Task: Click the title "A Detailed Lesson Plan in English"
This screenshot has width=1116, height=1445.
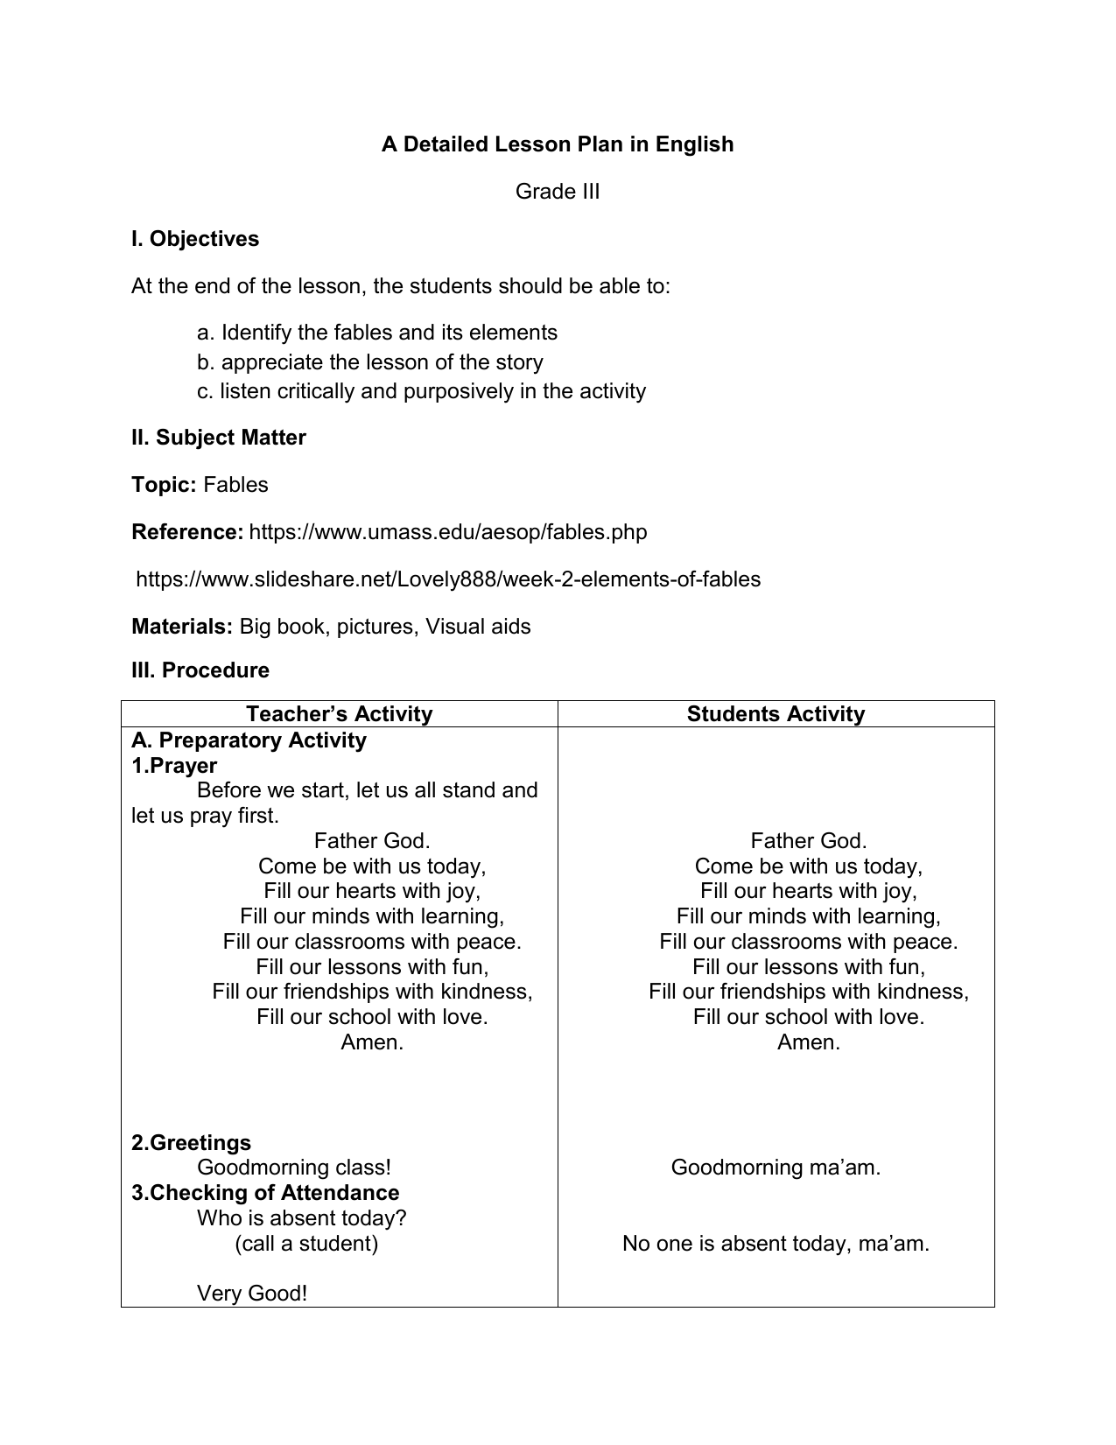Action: click(x=557, y=144)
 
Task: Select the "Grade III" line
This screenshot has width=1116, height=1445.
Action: click(x=557, y=192)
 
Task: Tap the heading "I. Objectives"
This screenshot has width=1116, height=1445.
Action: click(x=195, y=239)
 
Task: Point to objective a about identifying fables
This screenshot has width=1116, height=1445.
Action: click(x=377, y=333)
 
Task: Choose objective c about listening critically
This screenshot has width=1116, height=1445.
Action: click(x=421, y=391)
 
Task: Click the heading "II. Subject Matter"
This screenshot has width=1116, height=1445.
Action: click(x=218, y=438)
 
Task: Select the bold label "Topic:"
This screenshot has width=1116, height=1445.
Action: click(x=164, y=485)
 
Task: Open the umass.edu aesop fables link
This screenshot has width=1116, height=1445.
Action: click(x=448, y=532)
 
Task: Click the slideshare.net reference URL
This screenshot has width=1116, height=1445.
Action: click(x=448, y=579)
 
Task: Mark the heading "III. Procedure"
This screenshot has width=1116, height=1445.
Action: click(x=200, y=670)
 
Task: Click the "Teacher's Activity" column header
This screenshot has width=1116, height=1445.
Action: click(x=339, y=714)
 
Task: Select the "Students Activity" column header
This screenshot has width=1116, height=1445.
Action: click(x=776, y=714)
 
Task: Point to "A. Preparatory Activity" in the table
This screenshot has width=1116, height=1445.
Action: click(x=249, y=740)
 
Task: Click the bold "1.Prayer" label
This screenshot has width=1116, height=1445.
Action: click(x=174, y=766)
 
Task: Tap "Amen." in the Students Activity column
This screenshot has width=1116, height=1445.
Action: click(x=808, y=1042)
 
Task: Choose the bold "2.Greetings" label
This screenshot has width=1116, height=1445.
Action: click(x=191, y=1143)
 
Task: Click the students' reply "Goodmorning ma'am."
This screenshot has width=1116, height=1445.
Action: click(x=776, y=1168)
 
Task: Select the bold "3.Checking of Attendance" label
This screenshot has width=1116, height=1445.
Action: click(x=265, y=1193)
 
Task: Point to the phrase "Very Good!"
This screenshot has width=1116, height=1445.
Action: click(x=252, y=1294)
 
